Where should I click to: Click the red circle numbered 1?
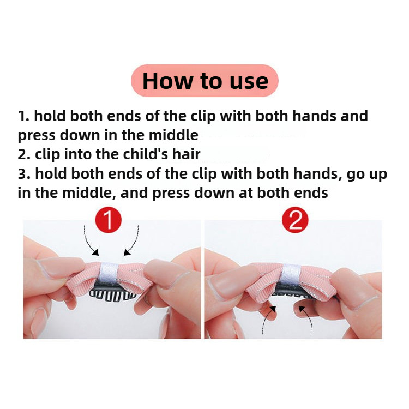pyautogui.click(x=109, y=220)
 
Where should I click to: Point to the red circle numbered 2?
pyautogui.click(x=295, y=220)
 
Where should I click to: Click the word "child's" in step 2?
pyautogui.click(x=146, y=154)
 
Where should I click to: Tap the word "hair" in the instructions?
pyautogui.click(x=187, y=154)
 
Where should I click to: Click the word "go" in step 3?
pyautogui.click(x=355, y=175)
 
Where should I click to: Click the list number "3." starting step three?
pyautogui.click(x=24, y=174)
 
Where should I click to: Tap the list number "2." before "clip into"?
pyautogui.click(x=24, y=154)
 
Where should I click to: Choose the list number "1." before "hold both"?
pyautogui.click(x=23, y=116)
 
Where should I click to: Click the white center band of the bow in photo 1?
pyautogui.click(x=109, y=273)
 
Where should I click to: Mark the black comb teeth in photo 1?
pyautogui.click(x=112, y=295)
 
